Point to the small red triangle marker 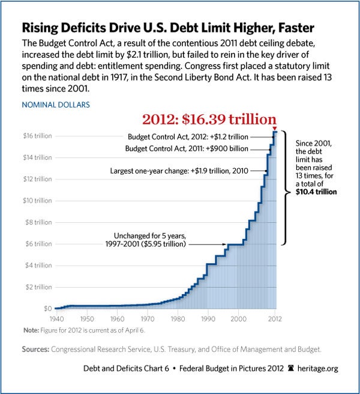(274, 129)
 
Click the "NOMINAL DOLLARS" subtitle (56, 105)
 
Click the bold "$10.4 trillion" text (316, 192)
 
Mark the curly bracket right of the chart (287, 187)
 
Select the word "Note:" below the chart (31, 330)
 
